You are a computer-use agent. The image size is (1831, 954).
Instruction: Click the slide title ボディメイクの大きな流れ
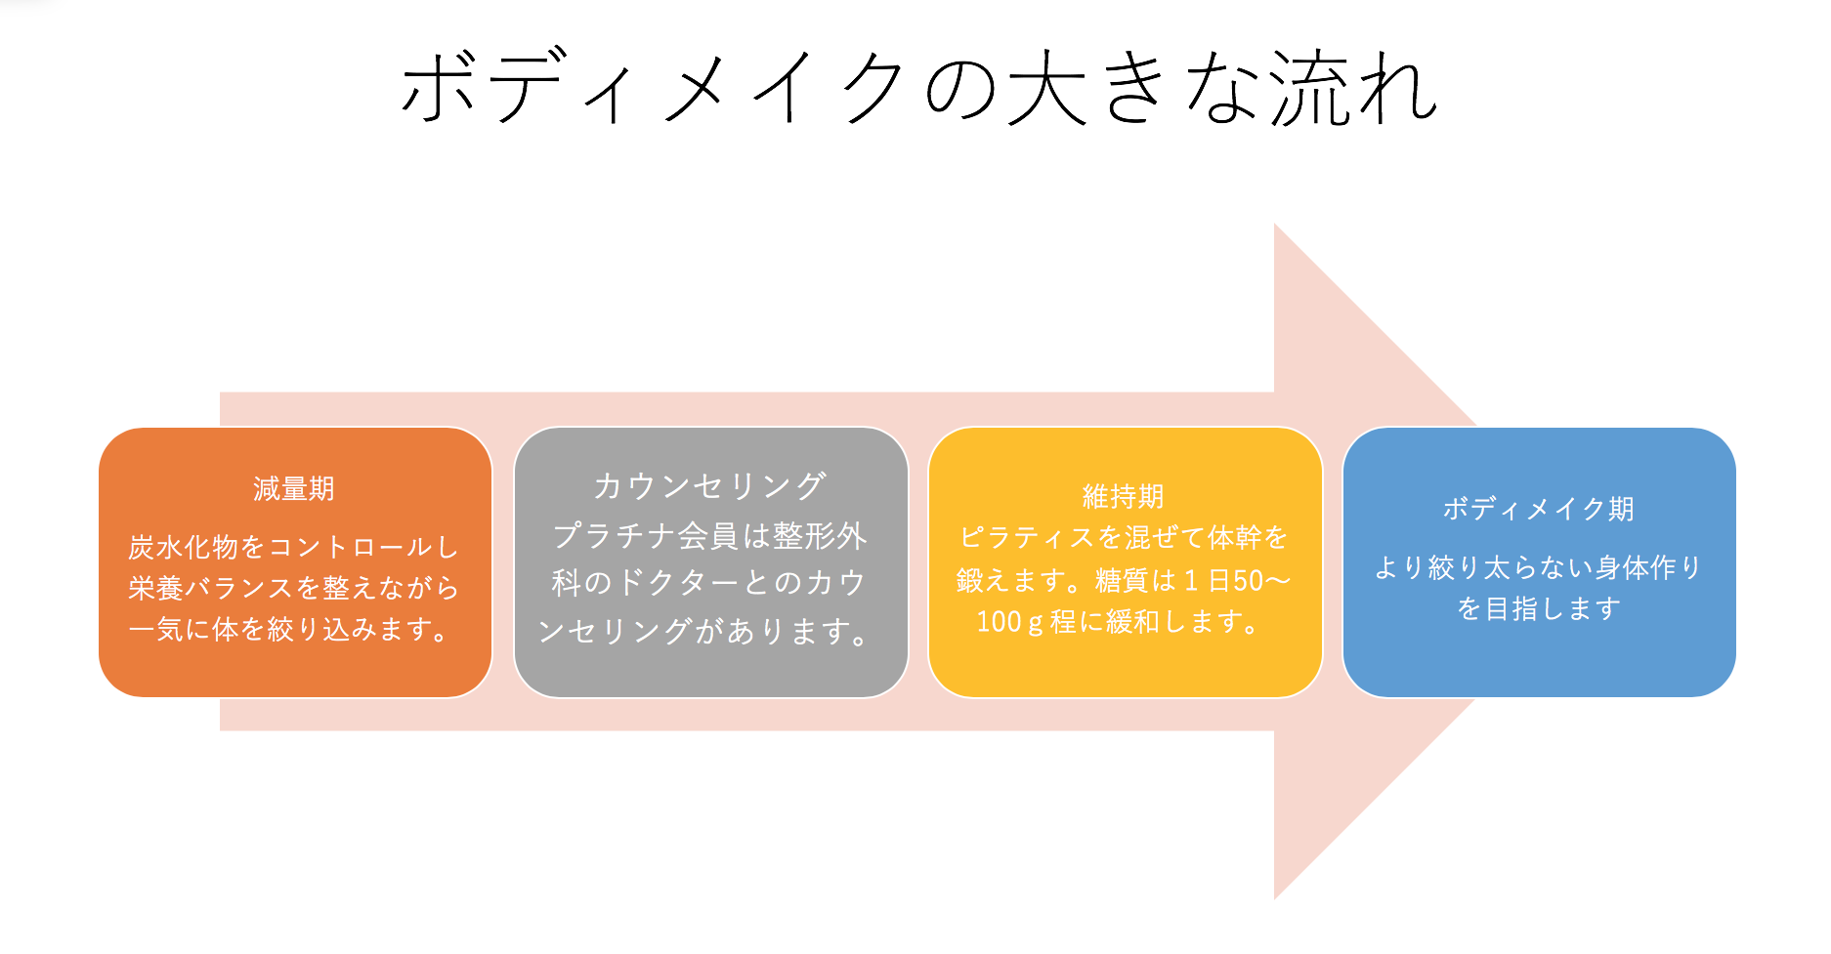point(918,88)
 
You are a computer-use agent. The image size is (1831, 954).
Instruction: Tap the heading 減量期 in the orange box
point(294,488)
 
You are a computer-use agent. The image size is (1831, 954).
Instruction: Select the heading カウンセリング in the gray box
point(710,485)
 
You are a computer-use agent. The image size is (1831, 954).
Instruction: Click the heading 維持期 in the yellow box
point(1124,497)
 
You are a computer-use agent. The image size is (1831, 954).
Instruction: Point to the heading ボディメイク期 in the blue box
point(1539,509)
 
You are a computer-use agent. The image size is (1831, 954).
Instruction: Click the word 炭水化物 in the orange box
point(183,547)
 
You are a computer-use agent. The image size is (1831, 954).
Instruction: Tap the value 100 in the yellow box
point(999,622)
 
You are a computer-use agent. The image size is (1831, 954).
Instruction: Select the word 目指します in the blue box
point(1554,609)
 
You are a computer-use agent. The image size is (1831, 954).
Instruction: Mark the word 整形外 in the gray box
point(820,535)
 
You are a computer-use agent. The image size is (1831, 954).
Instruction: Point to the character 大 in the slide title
point(1046,88)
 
